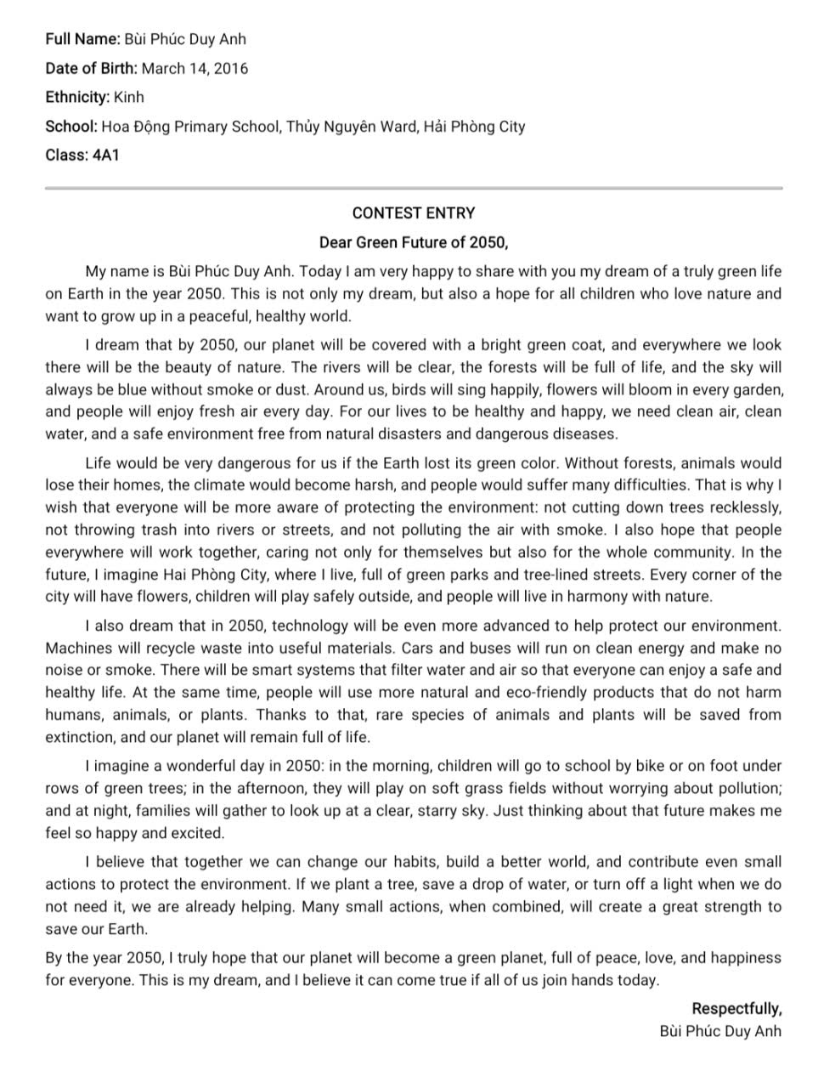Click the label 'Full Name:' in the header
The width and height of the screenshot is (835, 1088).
coord(82,39)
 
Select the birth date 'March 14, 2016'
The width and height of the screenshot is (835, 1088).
coord(195,69)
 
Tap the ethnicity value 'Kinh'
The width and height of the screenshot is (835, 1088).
coord(129,98)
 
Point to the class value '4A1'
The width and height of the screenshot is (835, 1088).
coord(105,156)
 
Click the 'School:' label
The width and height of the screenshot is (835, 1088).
coord(71,127)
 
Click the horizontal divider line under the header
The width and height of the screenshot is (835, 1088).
coord(414,188)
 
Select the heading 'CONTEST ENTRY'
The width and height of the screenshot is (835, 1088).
coord(414,213)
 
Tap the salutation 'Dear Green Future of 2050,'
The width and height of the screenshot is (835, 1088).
coord(414,242)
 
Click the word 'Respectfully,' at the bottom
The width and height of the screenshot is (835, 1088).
coord(736,1009)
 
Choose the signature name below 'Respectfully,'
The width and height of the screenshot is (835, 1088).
coord(720,1031)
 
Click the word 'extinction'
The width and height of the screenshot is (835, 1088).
coord(79,737)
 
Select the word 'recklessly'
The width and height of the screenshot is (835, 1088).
coord(744,507)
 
